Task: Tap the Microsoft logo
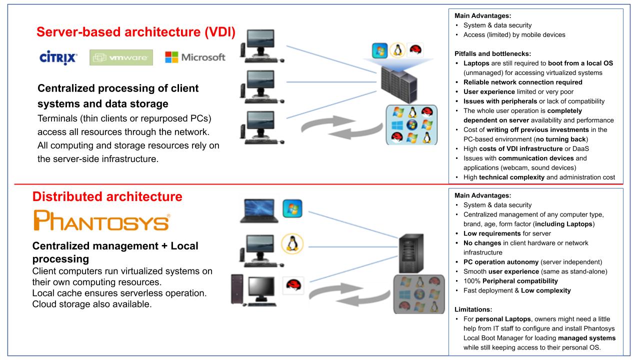click(195, 57)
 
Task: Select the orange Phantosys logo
click(100, 220)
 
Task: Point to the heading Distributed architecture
click(107, 197)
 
